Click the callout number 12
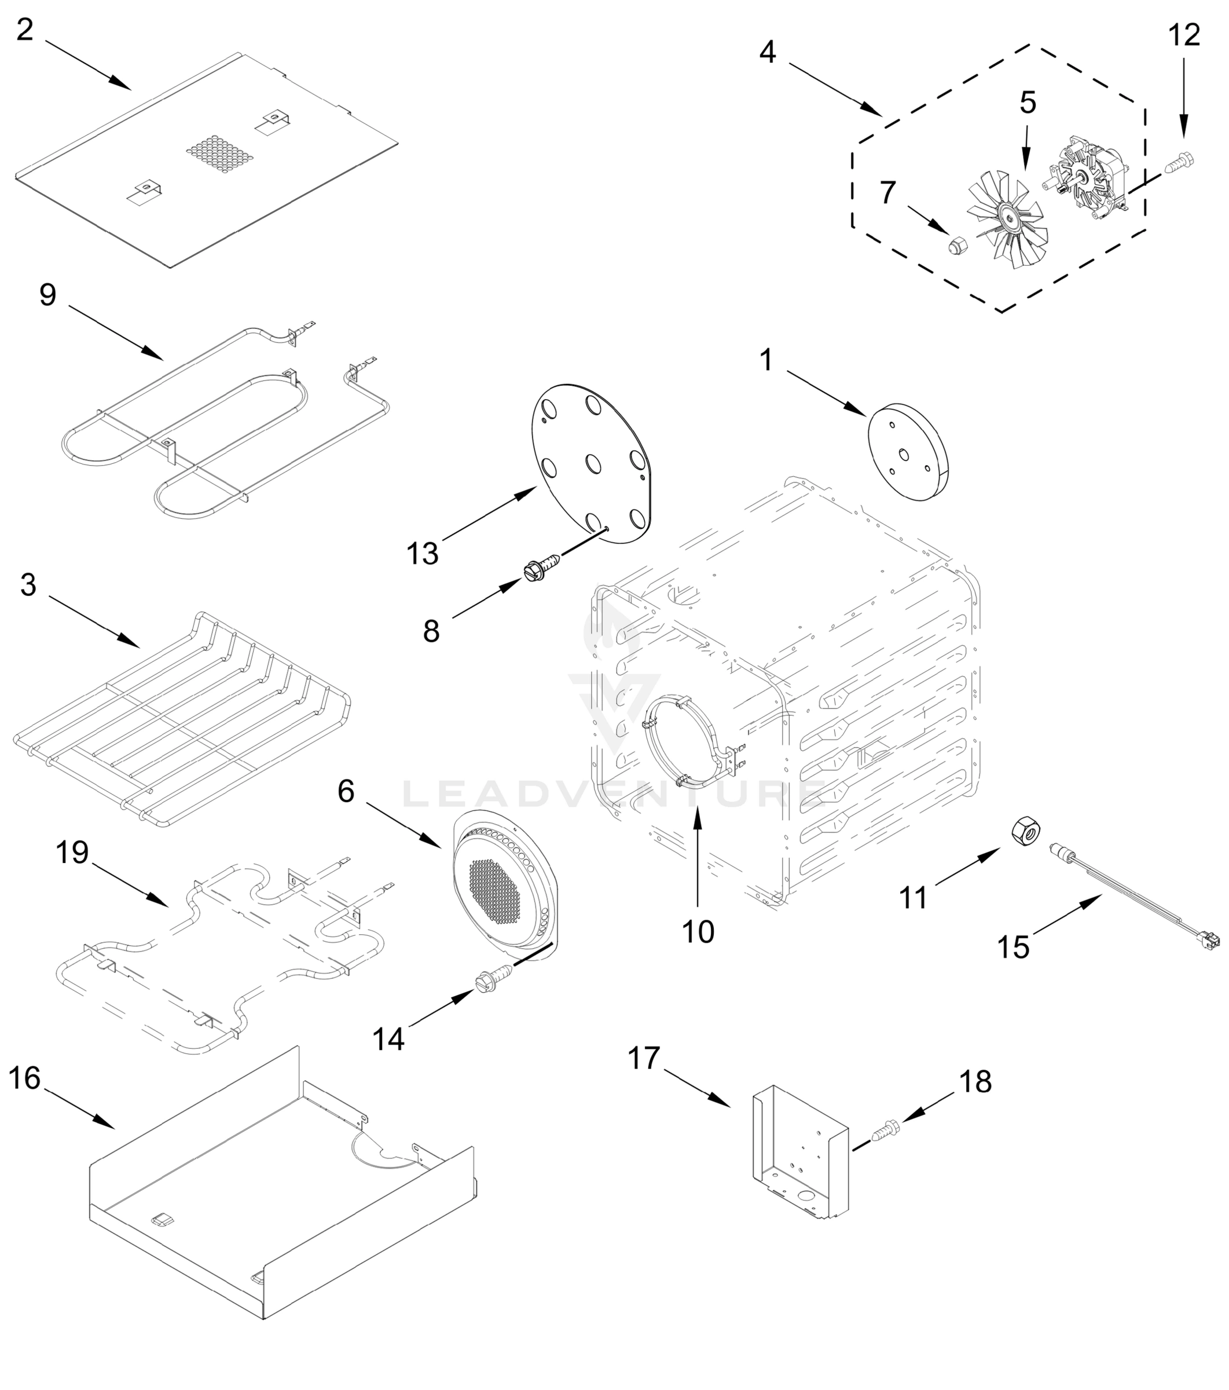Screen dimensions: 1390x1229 click(1184, 35)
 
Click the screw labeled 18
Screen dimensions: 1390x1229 click(883, 1132)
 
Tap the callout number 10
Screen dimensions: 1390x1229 click(698, 932)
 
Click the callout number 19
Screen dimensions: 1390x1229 click(72, 852)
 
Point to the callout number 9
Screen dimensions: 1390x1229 click(47, 295)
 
